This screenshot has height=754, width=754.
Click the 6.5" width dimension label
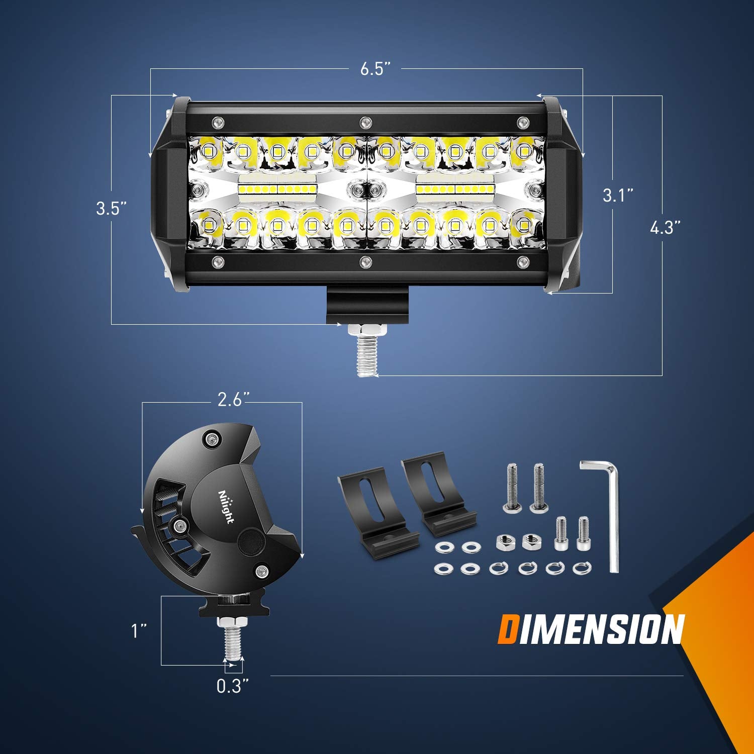click(375, 69)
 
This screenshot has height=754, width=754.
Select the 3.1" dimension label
click(618, 195)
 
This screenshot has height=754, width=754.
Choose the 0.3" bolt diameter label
click(233, 686)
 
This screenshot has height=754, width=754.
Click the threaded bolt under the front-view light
click(366, 354)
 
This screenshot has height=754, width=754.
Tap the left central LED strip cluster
click(276, 188)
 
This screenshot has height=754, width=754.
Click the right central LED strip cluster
click(455, 188)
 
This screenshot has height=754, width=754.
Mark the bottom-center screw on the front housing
click(365, 261)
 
